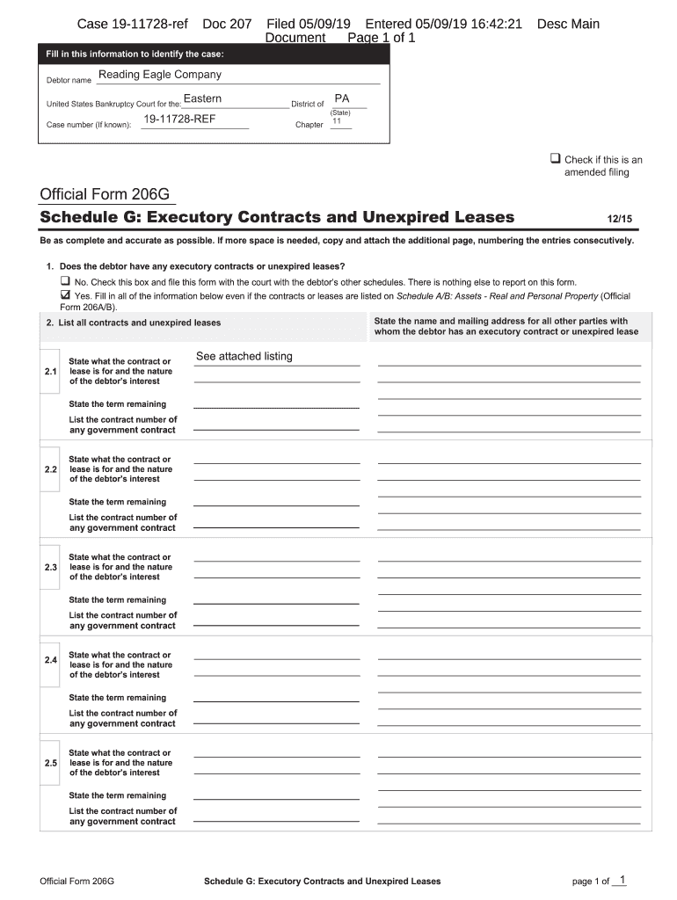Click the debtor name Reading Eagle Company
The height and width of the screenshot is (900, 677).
(159, 75)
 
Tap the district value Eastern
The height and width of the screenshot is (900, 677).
(202, 98)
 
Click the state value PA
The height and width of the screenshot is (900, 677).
(342, 99)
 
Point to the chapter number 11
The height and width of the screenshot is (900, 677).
(336, 121)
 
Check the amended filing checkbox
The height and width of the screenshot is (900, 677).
(556, 159)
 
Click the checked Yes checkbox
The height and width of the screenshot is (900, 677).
(64, 295)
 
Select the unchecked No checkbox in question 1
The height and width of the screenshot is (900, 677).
(64, 282)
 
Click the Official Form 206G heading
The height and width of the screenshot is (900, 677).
(104, 194)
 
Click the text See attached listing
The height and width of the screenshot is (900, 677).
(244, 356)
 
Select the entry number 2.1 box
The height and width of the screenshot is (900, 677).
(50, 372)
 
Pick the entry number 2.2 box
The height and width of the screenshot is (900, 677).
(50, 469)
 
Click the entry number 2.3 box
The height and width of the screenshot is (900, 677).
(50, 567)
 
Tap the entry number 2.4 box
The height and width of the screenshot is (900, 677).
(50, 659)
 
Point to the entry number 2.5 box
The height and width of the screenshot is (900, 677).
(50, 763)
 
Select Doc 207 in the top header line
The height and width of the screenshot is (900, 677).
(227, 25)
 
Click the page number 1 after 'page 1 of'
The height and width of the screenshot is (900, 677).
(622, 880)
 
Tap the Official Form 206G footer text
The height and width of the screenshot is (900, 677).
(77, 881)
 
